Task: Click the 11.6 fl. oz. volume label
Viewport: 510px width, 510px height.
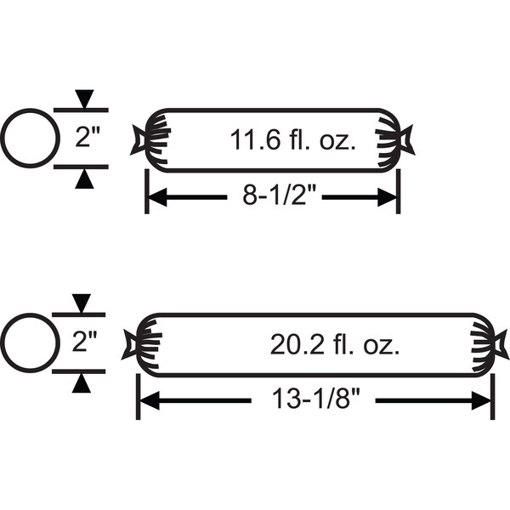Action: [292, 140]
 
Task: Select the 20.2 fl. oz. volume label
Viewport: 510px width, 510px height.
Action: [335, 345]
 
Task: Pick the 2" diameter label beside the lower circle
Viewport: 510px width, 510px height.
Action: [84, 341]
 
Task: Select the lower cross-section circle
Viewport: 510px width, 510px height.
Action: [31, 314]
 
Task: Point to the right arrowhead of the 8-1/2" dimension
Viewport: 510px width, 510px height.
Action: [387, 197]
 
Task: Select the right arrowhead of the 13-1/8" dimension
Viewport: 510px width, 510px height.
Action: [481, 401]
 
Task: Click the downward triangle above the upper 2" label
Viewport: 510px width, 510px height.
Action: [84, 99]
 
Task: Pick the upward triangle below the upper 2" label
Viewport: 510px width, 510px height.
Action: [84, 179]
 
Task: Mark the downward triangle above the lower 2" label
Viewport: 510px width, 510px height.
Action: [82, 303]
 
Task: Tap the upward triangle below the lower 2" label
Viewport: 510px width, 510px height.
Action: [82, 383]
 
